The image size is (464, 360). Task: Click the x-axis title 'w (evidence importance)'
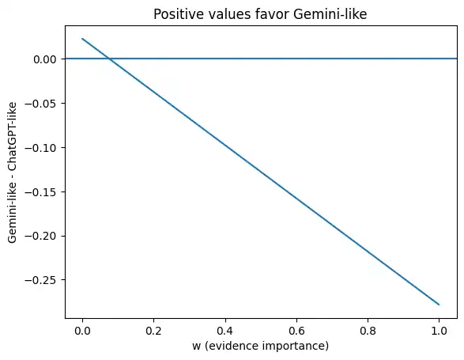[x=260, y=346]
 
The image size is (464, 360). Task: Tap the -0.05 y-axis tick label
[x=40, y=104]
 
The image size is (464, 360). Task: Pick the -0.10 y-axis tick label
[x=40, y=148]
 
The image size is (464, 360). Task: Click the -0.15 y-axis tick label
[x=40, y=192]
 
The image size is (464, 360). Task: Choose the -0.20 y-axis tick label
[x=40, y=236]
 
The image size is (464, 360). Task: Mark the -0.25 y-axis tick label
[x=40, y=280]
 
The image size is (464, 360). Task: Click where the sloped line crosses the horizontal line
[x=109, y=59]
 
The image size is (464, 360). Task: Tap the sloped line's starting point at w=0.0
[x=82, y=38]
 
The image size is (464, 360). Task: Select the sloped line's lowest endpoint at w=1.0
[x=439, y=305]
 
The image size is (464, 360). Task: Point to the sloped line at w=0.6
[x=296, y=198]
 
